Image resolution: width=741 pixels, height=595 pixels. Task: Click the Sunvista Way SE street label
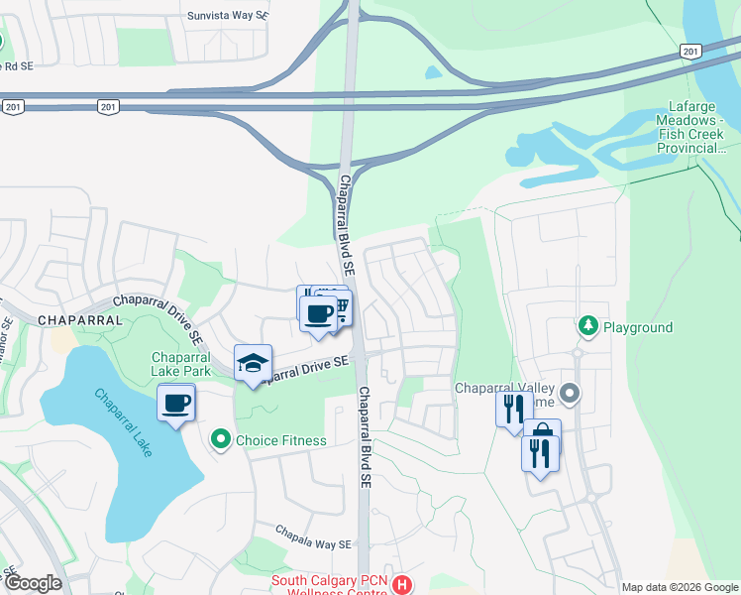[228, 17]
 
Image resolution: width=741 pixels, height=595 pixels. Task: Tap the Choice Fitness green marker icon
[220, 438]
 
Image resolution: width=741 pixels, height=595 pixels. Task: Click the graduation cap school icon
[253, 363]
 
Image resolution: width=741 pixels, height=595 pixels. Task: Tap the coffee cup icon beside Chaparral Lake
[176, 404]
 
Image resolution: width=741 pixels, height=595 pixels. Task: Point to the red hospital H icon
[402, 585]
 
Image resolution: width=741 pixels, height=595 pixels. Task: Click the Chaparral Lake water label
[124, 421]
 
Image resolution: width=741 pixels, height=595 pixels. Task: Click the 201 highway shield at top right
[690, 51]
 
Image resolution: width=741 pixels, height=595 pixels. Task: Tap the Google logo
[33, 583]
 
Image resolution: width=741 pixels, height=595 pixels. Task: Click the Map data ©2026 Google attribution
[679, 587]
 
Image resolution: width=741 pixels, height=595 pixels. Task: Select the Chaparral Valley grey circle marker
[570, 394]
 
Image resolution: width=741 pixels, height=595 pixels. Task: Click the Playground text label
[638, 327]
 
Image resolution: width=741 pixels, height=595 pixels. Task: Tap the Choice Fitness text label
[281, 440]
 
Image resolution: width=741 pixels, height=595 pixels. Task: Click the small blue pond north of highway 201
[433, 72]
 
